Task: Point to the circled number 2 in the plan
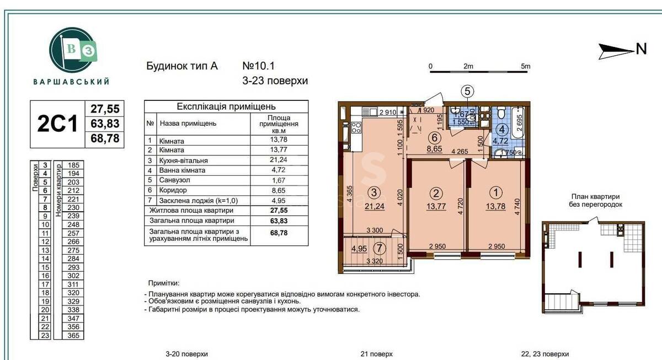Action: (436, 193)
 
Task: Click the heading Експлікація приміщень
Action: (226, 107)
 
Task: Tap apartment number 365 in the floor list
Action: (73, 335)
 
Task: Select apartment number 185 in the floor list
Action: (73, 165)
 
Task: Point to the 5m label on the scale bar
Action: (525, 66)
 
